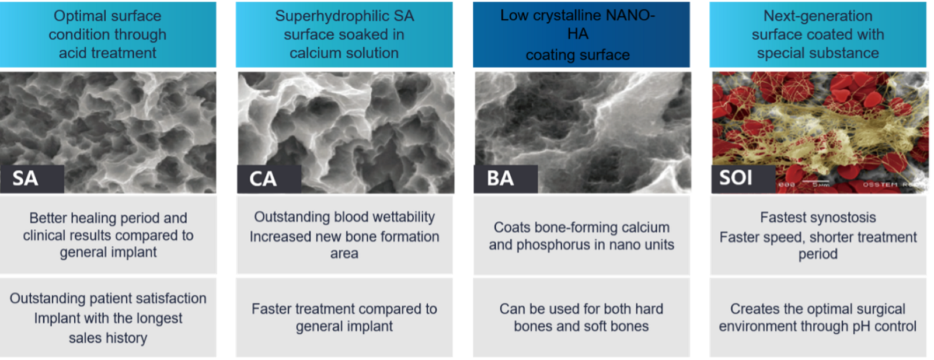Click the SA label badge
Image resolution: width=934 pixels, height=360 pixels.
32,179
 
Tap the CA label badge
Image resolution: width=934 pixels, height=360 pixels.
269,179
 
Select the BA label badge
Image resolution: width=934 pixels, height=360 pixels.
506,179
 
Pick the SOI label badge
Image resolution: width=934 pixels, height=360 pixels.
743,179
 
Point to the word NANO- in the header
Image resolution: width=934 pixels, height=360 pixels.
630,15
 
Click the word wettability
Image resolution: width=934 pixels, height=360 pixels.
403,217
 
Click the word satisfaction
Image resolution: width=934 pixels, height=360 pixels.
171,298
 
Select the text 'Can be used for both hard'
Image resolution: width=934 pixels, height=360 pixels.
581,309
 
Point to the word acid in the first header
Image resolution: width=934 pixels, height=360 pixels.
73,53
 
